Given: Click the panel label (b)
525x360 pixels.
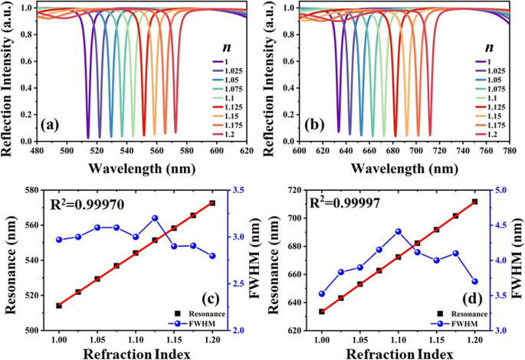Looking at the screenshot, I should (x=317, y=122).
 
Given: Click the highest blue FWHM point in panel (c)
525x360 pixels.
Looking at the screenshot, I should (x=155, y=218).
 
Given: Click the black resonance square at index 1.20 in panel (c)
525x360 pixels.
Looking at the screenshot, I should (x=212, y=203).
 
